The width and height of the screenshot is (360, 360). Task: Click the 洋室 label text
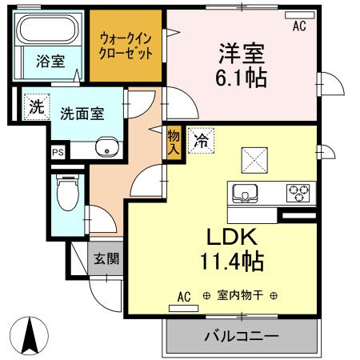tap(242, 54)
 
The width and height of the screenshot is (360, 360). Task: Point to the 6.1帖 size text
tap(242, 78)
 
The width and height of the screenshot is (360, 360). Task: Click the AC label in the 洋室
tap(299, 26)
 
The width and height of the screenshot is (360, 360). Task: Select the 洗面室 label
tap(82, 114)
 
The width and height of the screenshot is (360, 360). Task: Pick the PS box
tap(58, 150)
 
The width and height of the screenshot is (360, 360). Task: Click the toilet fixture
tap(66, 193)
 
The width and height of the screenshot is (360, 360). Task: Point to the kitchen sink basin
tap(243, 193)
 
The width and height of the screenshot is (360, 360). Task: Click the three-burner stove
tap(299, 193)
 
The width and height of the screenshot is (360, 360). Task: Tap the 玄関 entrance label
tap(105, 258)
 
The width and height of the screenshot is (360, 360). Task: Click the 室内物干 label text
tap(240, 295)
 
